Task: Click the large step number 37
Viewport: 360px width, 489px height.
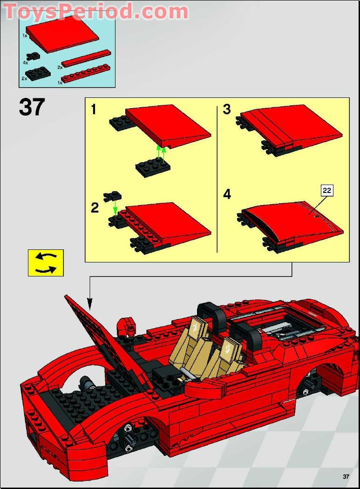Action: (x=32, y=108)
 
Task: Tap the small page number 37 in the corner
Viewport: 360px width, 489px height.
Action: (x=346, y=476)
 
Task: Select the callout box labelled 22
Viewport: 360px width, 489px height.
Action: (x=327, y=190)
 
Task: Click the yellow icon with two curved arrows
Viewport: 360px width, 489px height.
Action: (x=46, y=263)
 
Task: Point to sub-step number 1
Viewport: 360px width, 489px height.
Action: (x=94, y=110)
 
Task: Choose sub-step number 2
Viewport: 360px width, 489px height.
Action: (x=95, y=208)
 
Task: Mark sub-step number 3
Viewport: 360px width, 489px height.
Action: (x=227, y=110)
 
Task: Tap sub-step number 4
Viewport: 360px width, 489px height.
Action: (x=227, y=194)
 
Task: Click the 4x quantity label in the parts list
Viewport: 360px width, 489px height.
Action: (x=26, y=62)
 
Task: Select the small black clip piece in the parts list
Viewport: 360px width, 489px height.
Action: (x=34, y=56)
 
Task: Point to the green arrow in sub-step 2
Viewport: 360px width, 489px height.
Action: (x=115, y=209)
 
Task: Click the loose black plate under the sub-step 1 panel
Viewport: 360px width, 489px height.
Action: (x=153, y=166)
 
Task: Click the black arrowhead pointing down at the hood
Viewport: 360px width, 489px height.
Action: (x=89, y=306)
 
